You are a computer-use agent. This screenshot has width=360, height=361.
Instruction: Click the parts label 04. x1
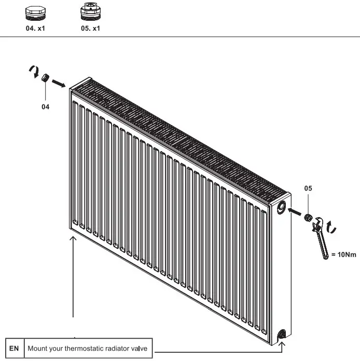pyautogui.click(x=36, y=28)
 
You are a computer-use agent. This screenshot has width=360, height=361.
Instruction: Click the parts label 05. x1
pyautogui.click(x=90, y=28)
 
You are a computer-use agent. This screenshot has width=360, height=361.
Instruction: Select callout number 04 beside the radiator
pyautogui.click(x=46, y=106)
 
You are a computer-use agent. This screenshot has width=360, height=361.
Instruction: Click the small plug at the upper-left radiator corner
pyautogui.click(x=45, y=78)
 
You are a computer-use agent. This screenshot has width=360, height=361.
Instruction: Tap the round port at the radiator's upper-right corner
pyautogui.click(x=282, y=207)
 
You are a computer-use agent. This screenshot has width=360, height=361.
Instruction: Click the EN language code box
pyautogui.click(x=14, y=348)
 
